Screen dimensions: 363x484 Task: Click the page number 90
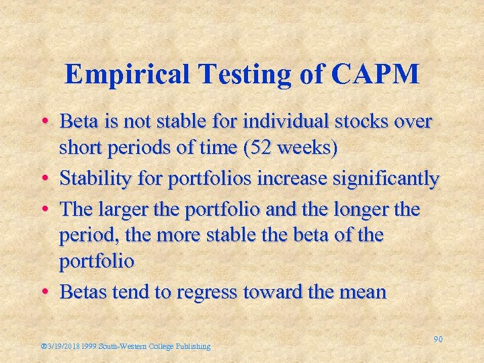click(x=438, y=339)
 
